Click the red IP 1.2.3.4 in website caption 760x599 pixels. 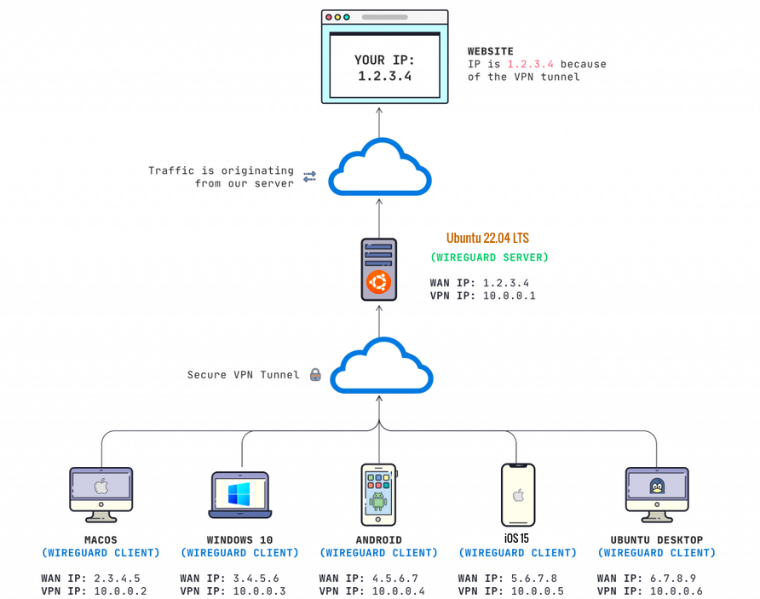point(530,64)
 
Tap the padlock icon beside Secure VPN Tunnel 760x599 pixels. point(314,374)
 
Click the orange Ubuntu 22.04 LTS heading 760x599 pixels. point(487,239)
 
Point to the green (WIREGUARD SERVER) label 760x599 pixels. point(489,257)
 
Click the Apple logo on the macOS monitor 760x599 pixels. point(101,487)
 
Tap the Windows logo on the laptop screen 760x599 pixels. point(239,494)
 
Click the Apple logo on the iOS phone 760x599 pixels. point(517,494)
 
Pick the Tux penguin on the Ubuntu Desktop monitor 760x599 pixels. point(657,487)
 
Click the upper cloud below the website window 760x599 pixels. point(380,169)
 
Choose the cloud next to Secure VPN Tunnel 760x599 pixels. point(381,366)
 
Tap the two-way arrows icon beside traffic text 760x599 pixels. point(310,176)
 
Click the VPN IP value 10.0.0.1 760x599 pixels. point(509,296)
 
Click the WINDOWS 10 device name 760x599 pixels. point(239,539)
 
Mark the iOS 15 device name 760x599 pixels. point(517,538)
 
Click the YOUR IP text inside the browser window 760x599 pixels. point(383,60)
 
